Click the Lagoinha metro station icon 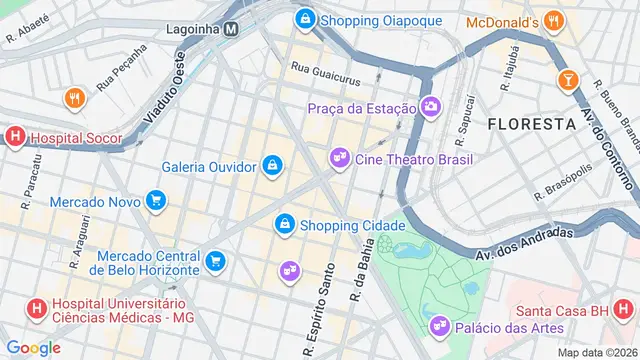(230, 29)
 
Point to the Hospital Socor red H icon (15, 138)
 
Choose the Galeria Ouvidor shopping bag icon (272, 165)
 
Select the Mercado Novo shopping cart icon (154, 201)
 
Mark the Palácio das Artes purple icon (438, 327)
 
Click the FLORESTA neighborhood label (530, 123)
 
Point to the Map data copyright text (597, 352)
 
